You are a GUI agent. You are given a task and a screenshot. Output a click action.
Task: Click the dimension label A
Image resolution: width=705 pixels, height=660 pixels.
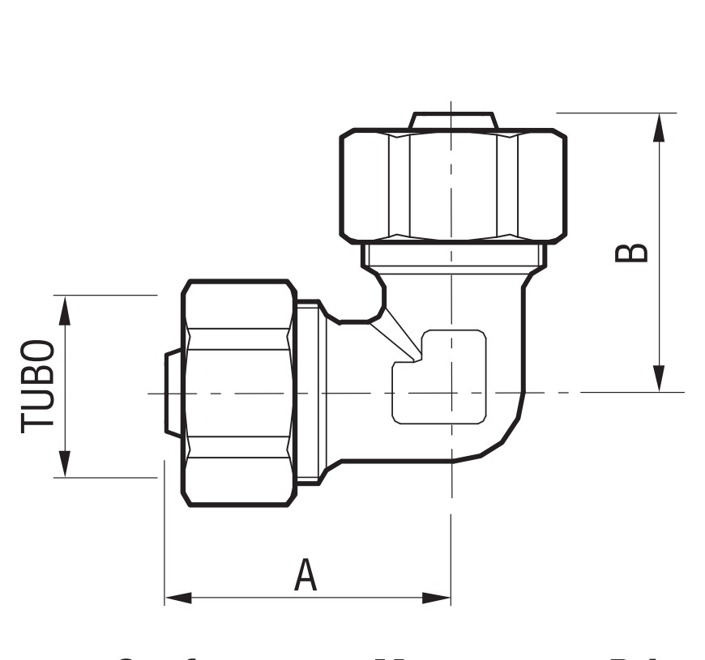point(305,574)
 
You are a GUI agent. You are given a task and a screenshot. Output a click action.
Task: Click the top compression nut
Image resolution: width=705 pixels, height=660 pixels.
point(452,185)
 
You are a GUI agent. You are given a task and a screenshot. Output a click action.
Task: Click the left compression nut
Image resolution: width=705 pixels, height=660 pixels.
point(238,393)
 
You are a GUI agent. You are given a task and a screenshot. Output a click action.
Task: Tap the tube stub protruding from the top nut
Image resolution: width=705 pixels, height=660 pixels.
point(451,121)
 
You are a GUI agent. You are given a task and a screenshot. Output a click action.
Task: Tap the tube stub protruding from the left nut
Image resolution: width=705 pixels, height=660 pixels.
point(173,393)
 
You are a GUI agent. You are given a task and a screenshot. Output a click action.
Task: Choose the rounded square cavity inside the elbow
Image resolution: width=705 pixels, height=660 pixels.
point(440,377)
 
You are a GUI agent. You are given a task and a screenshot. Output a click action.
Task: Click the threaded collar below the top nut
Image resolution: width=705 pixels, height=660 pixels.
point(453,257)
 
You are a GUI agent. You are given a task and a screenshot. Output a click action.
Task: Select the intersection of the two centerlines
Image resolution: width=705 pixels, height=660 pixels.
point(451,393)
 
